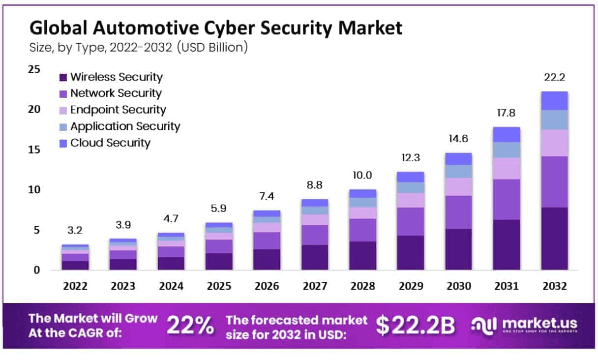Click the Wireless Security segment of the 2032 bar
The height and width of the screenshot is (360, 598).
tap(554, 239)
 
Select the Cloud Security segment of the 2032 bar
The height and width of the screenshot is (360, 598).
tap(554, 101)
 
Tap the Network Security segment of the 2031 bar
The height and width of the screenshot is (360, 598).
tap(506, 199)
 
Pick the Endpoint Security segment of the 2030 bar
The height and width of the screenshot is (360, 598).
tap(458, 186)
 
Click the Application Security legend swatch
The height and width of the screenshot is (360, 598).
tap(62, 127)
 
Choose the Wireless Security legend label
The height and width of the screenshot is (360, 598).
tap(116, 77)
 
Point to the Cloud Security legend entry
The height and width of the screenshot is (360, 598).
tap(110, 143)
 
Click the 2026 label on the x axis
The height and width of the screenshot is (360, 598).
tap(267, 286)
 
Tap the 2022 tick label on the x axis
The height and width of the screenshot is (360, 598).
tap(75, 286)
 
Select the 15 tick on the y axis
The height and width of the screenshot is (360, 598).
tap(34, 150)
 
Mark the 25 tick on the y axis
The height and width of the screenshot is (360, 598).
tap(34, 69)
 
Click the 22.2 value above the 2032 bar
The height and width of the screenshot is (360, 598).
tap(554, 78)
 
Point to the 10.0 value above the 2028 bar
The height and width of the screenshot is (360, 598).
tap(362, 176)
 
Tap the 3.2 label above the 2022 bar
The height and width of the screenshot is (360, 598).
tap(75, 231)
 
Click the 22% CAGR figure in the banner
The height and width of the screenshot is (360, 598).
tap(190, 325)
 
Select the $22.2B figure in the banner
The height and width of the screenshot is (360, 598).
tap(416, 325)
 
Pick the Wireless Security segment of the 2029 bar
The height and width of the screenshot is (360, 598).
tap(410, 253)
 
